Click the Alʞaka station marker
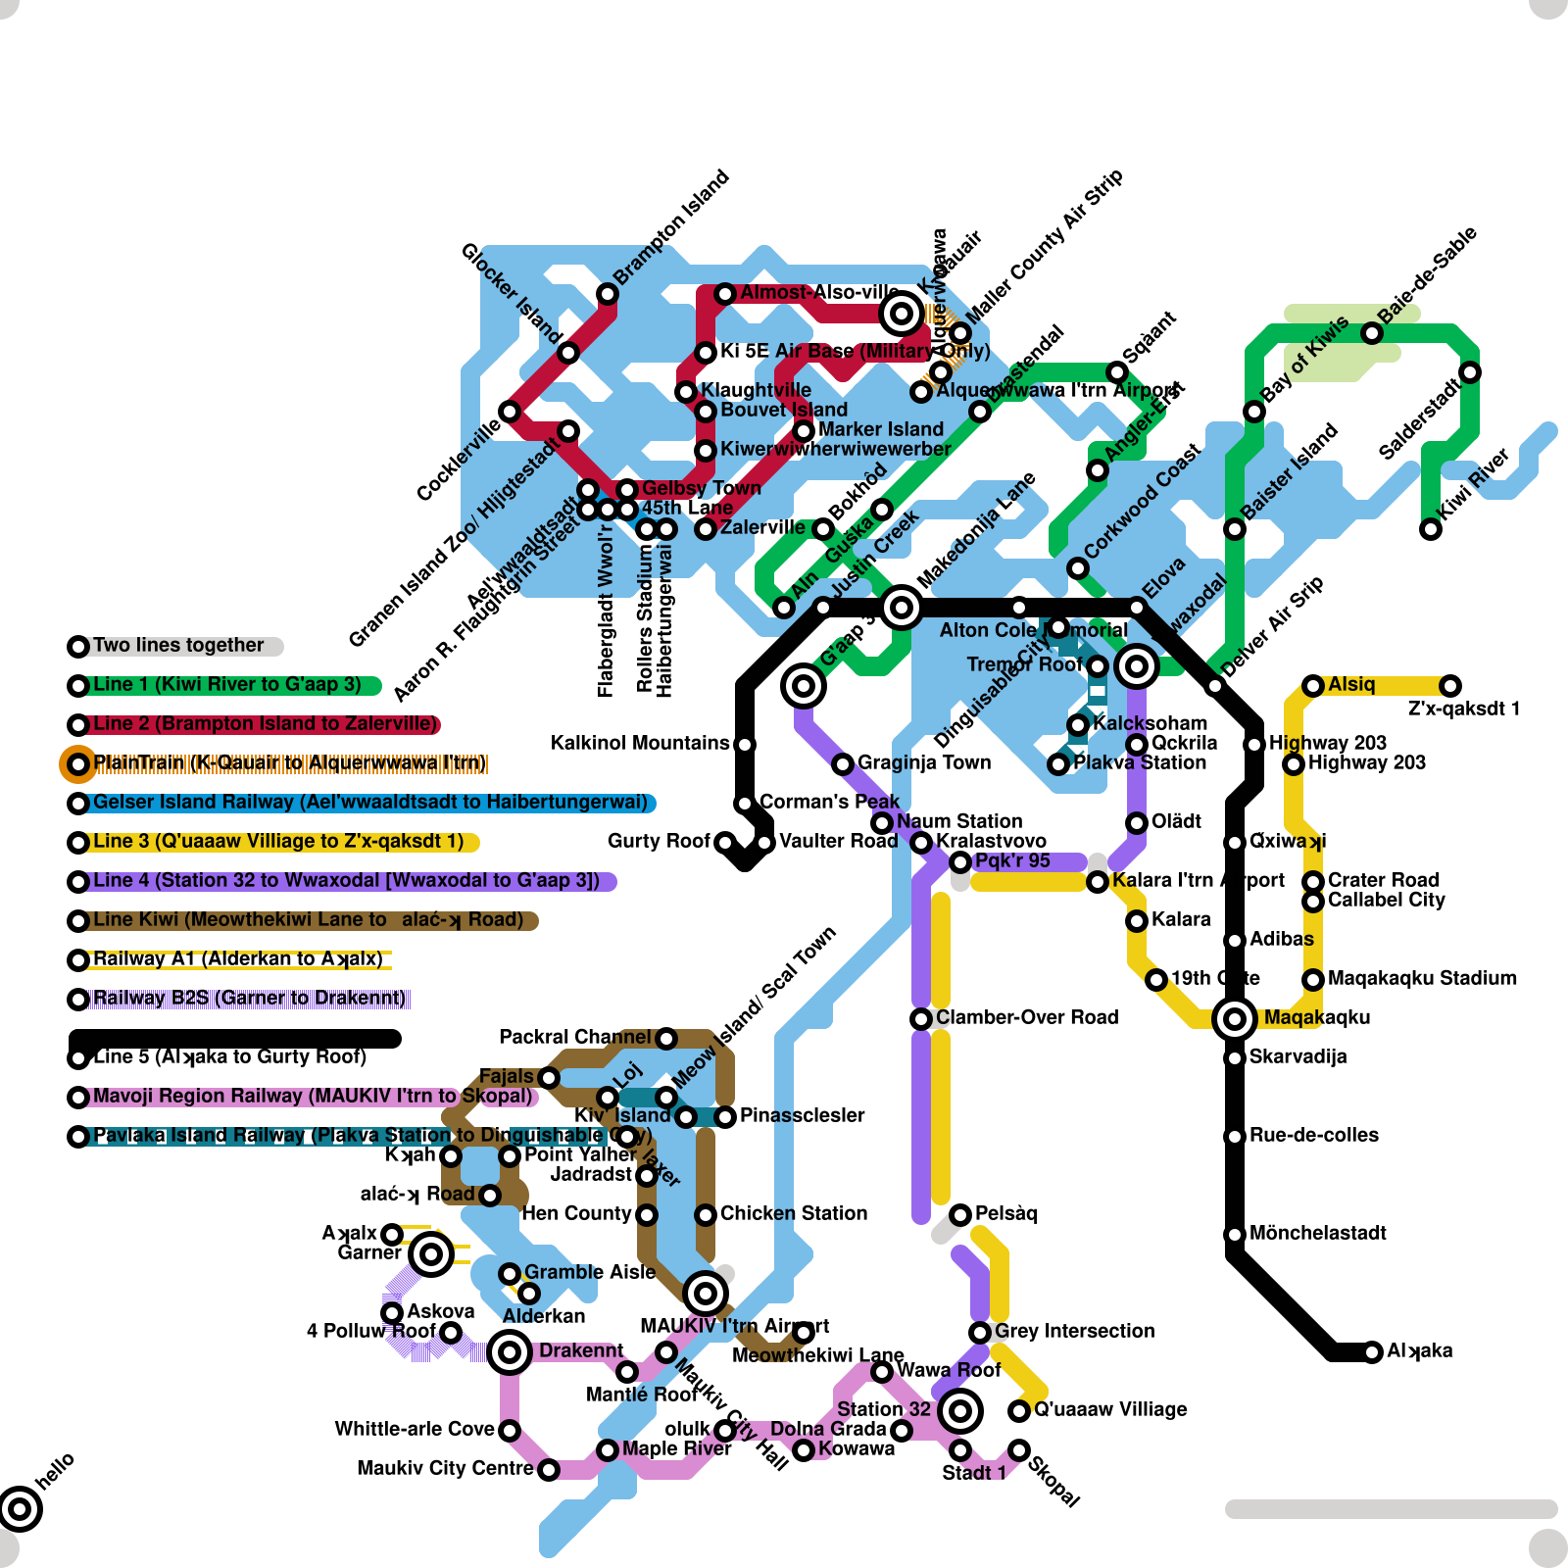(1372, 1351)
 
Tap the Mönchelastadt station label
(1317, 1233)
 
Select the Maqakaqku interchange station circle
(1235, 1019)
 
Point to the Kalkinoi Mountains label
(640, 743)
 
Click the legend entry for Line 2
(265, 724)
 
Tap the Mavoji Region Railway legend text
(312, 1097)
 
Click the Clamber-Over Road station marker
(921, 1019)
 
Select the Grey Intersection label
(1074, 1331)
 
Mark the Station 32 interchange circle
(960, 1411)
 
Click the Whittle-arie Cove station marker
(510, 1431)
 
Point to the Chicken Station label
(794, 1213)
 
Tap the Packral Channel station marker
(666, 1038)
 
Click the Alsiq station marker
(1313, 686)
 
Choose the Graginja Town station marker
(843, 763)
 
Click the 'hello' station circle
(20, 1508)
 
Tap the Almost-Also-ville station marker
(725, 294)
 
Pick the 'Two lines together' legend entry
(178, 646)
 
